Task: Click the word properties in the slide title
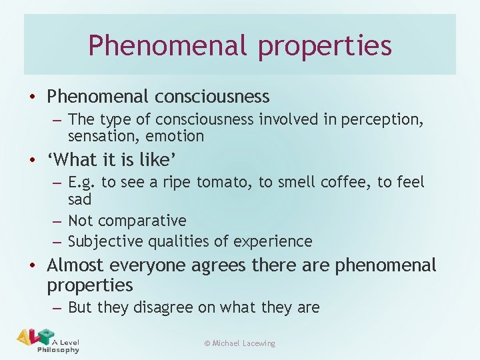coord(325,46)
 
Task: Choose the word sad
coord(79,199)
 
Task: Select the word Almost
coord(75,265)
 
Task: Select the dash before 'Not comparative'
coord(56,221)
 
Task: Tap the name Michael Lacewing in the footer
coord(244,343)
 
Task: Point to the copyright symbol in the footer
coord(207,343)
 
